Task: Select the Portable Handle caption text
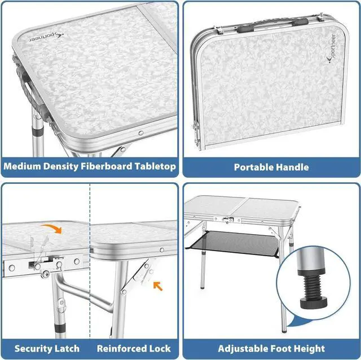(271, 167)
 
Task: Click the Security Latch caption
(47, 348)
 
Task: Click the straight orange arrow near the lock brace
(157, 286)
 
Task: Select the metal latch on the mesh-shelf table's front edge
(228, 219)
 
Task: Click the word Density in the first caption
(66, 166)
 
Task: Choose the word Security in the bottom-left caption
(33, 348)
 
